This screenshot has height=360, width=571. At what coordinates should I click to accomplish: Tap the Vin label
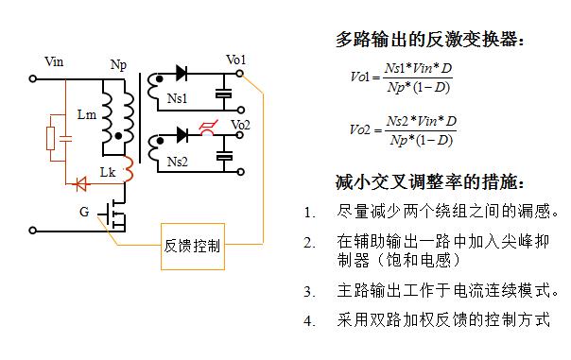tap(54, 62)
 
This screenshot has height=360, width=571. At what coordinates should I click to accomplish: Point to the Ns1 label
tap(178, 97)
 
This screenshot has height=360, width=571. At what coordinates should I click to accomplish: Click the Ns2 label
tap(178, 162)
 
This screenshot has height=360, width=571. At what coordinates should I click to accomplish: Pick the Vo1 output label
tap(235, 60)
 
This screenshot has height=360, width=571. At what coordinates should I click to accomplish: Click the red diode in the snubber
tap(82, 182)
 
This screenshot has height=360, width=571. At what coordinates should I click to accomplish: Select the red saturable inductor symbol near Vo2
tap(204, 133)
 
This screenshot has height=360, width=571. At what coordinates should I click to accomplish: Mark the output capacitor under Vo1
tap(225, 94)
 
